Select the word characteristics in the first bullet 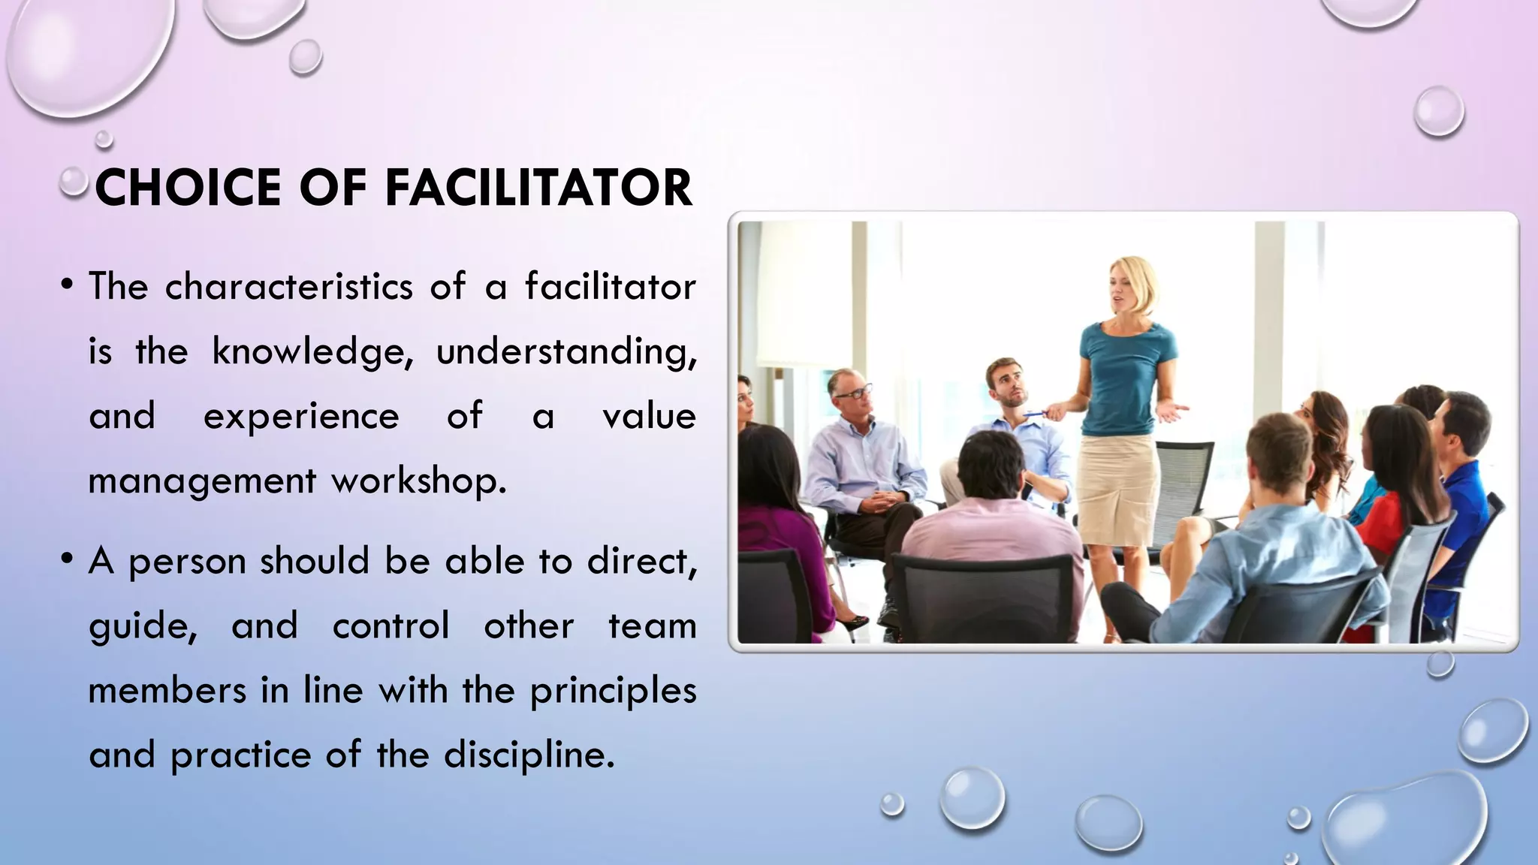(289, 287)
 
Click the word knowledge (312, 351)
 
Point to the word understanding (566, 351)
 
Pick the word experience (301, 416)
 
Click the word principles (613, 691)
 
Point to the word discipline (529, 755)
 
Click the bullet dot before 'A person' (68, 559)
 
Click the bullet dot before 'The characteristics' (68, 285)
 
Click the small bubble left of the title (74, 181)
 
